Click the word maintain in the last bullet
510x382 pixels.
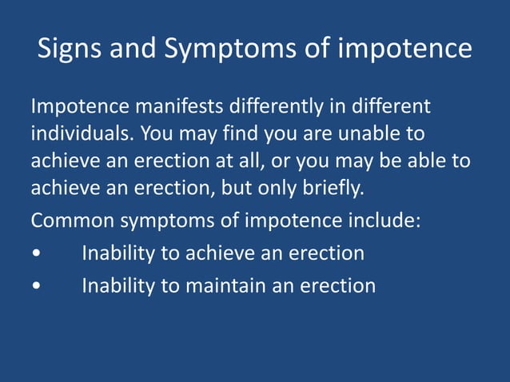point(226,285)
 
